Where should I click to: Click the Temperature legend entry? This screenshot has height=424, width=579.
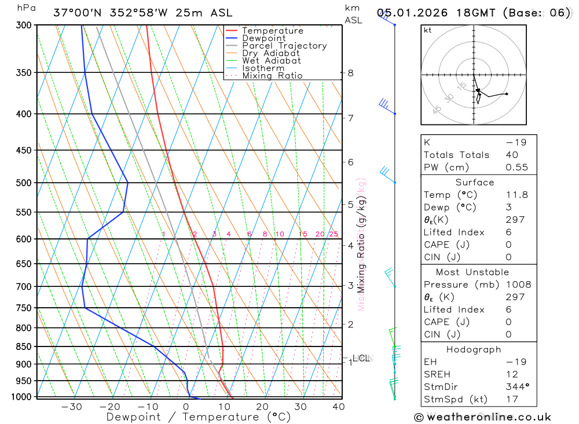click(272, 31)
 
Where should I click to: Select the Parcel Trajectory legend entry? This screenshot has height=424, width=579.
click(284, 46)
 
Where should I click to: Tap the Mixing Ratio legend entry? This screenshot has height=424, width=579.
click(272, 76)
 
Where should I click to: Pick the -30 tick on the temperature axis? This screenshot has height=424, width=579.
click(71, 407)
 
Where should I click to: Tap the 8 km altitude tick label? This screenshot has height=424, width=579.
click(351, 73)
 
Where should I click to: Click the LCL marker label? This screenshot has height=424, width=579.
click(361, 359)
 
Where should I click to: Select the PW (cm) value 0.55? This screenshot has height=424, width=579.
click(516, 167)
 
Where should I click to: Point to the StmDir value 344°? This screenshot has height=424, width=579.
click(515, 387)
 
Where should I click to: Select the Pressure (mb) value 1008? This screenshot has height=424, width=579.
click(518, 285)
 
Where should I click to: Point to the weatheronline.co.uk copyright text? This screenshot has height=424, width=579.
click(482, 416)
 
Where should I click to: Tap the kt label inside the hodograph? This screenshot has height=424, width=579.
click(428, 31)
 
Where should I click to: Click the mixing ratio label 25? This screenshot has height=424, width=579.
click(334, 234)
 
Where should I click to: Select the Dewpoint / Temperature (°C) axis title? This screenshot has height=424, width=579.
click(198, 417)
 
